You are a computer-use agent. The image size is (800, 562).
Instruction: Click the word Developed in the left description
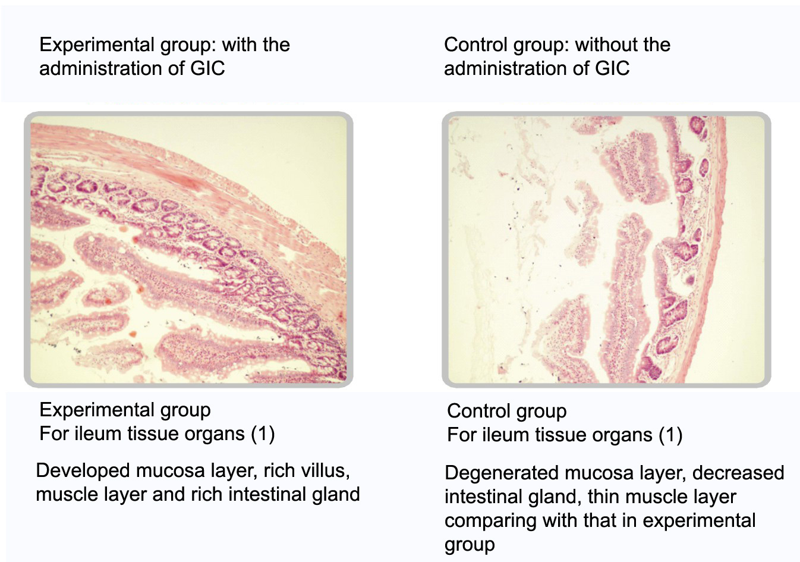pos(83,472)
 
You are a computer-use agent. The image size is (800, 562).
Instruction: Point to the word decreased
pos(738,473)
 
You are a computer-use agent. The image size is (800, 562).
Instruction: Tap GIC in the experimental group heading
pos(207,68)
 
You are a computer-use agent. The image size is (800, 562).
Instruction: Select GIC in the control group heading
pos(612,68)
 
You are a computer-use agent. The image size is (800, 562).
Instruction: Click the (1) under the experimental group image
pos(263,434)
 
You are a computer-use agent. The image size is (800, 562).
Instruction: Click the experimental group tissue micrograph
pos(188,249)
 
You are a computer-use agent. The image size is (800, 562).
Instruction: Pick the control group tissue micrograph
pos(606,249)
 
